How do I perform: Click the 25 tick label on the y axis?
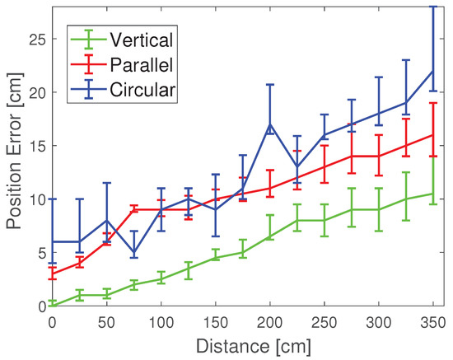click(x=35, y=39)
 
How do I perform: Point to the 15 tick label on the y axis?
click(x=35, y=146)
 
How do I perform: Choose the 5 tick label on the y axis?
click(x=40, y=253)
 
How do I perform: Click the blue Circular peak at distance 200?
click(x=270, y=124)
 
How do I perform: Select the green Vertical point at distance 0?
click(x=53, y=305)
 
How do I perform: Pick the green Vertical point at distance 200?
click(x=270, y=236)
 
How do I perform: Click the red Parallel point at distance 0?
click(x=53, y=274)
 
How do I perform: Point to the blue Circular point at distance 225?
click(x=297, y=167)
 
